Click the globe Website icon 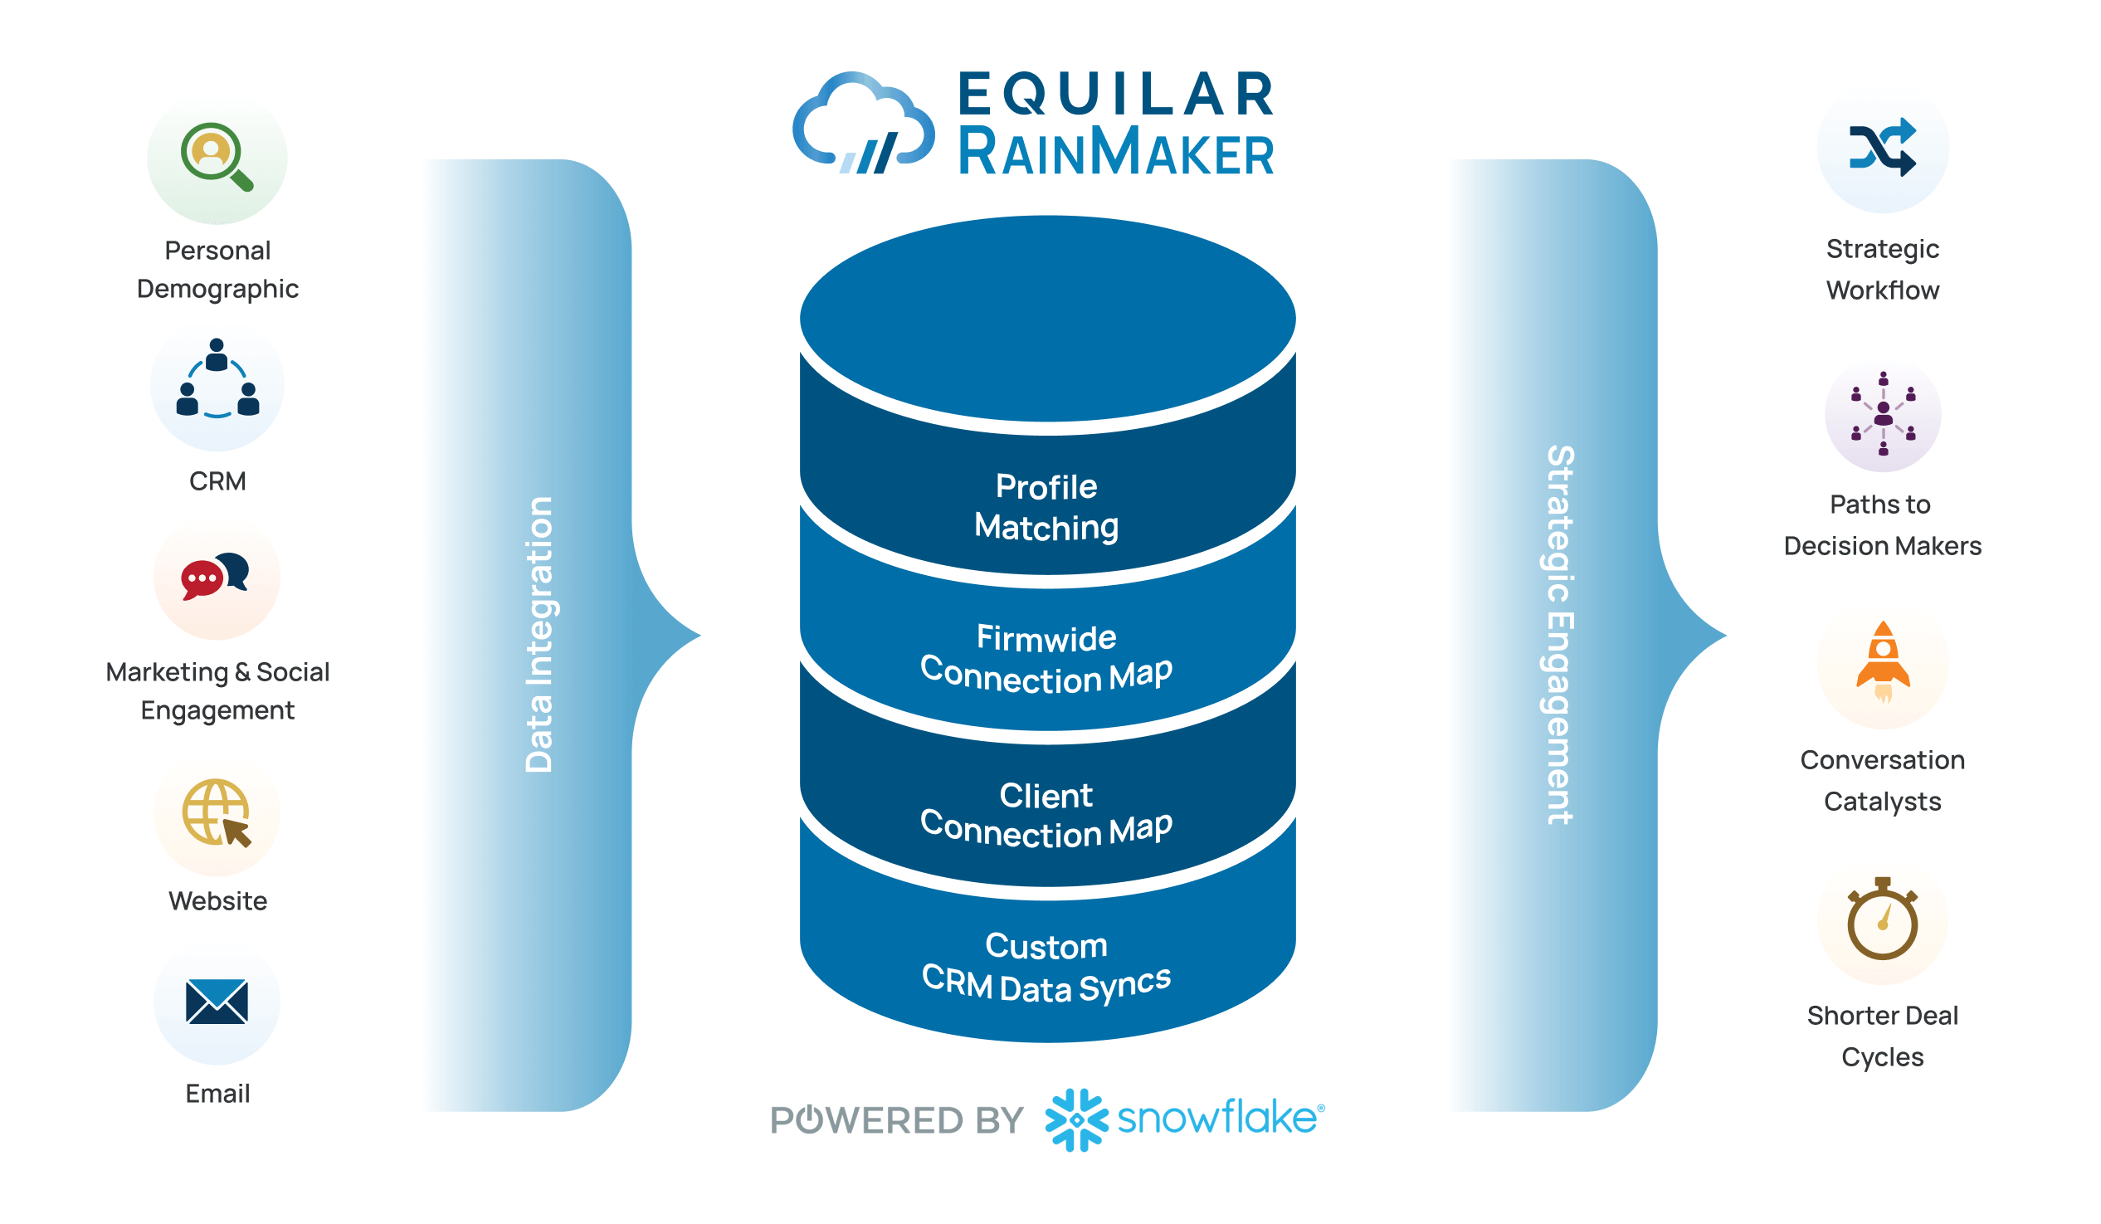click(x=216, y=813)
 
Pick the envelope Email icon click(x=217, y=1002)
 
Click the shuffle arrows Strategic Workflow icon click(x=1882, y=148)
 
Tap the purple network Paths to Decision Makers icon click(x=1882, y=413)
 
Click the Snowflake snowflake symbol click(x=1075, y=1119)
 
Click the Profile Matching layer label click(x=1046, y=507)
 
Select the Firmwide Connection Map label click(x=1046, y=659)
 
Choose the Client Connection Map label click(x=1046, y=815)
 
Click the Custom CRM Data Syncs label click(x=1046, y=968)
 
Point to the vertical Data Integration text click(x=539, y=635)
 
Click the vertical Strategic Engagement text click(x=1559, y=635)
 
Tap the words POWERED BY click(x=896, y=1120)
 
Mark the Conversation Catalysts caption click(x=1882, y=780)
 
